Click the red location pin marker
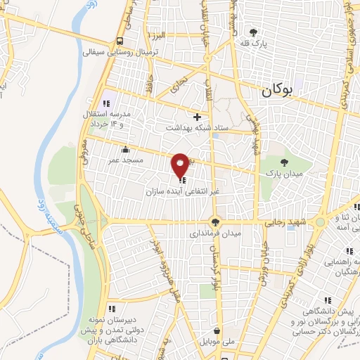coord(181,165)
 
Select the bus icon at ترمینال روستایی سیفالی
coord(120,41)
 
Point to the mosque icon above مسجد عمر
coord(125,149)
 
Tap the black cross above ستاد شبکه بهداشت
coord(197,117)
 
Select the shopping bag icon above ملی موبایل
coord(216,330)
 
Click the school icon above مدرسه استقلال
coord(108,104)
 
